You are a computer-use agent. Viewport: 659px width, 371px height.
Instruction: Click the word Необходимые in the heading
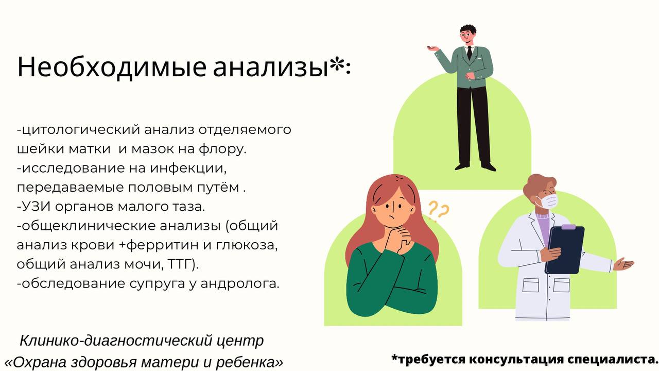[111, 67]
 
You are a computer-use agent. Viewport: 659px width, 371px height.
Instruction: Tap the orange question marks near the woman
[438, 210]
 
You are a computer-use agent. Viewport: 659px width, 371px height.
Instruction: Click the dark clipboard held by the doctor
[565, 250]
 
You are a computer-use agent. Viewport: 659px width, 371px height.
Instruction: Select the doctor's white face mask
[547, 200]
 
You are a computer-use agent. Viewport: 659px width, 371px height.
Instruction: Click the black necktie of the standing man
[469, 52]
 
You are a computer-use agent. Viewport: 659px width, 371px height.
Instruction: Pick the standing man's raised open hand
[433, 48]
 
